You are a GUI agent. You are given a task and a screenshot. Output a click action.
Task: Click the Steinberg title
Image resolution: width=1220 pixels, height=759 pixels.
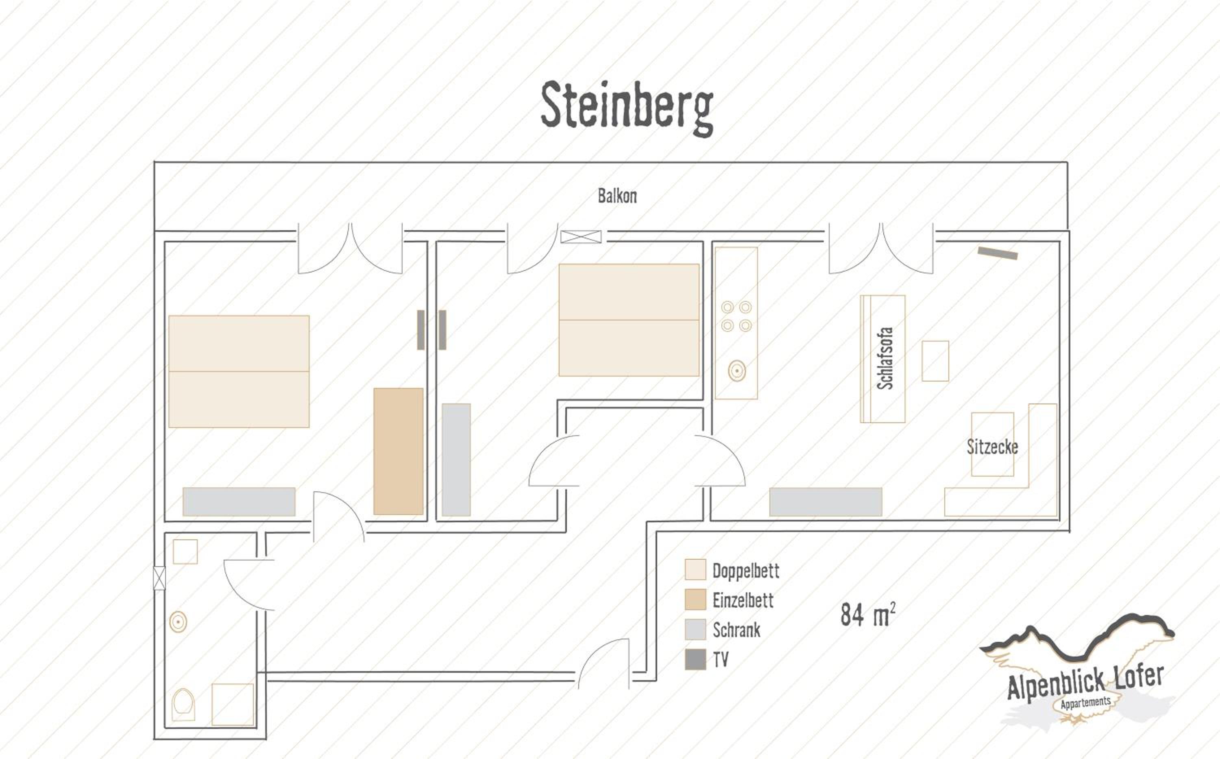(x=627, y=108)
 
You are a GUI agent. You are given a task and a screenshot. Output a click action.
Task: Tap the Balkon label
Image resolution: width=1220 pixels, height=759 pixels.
(x=617, y=196)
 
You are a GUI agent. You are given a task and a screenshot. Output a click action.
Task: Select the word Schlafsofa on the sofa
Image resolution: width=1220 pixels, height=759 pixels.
(x=885, y=358)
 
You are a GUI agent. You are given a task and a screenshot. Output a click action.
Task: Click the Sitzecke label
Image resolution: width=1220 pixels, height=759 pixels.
(x=992, y=446)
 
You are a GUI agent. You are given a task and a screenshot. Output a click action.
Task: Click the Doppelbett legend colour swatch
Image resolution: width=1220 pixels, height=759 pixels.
(x=695, y=570)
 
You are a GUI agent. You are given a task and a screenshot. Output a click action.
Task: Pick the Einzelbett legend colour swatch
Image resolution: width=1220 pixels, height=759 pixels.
(x=695, y=600)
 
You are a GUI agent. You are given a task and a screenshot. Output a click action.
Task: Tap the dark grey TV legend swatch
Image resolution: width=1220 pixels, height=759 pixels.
(x=695, y=659)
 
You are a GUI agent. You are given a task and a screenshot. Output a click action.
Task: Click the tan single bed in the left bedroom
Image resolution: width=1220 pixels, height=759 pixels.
(x=399, y=451)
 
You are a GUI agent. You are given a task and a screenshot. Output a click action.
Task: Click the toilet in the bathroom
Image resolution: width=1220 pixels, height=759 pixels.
(x=183, y=704)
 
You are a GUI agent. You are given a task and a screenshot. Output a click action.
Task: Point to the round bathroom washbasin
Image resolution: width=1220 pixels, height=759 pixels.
(x=178, y=622)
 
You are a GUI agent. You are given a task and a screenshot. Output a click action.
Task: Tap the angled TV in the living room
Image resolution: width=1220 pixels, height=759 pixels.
(x=998, y=253)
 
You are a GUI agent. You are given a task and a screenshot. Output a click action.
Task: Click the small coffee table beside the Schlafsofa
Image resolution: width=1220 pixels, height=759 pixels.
(x=935, y=361)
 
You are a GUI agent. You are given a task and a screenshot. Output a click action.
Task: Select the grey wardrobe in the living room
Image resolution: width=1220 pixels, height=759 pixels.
(x=826, y=502)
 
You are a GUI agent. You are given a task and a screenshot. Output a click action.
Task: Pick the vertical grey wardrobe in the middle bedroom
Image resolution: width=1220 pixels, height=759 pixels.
(x=456, y=460)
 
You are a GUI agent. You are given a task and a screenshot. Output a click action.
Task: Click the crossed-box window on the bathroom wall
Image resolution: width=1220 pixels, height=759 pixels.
(x=159, y=578)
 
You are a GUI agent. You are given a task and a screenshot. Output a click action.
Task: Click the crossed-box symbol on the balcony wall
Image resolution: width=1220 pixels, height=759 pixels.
(x=581, y=236)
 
